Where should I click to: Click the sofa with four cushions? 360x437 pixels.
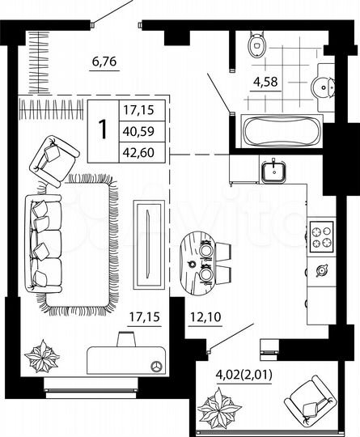click(43, 244)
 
